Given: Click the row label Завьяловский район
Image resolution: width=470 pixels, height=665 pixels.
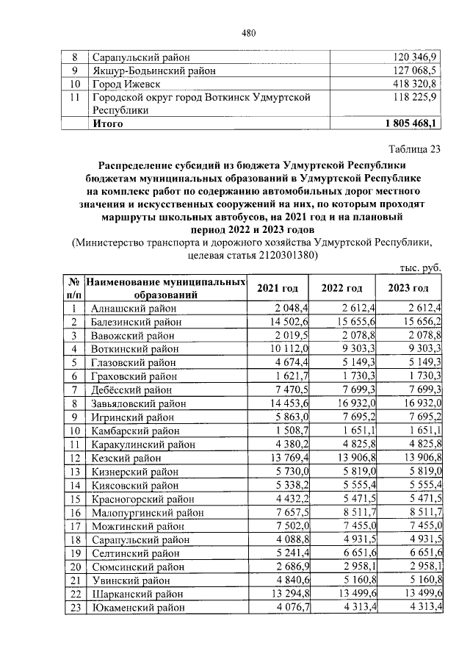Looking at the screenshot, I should pos(138,404).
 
